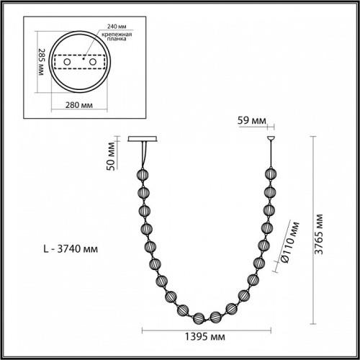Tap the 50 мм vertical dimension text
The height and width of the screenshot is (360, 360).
[111, 153]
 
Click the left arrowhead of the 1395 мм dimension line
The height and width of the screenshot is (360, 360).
[143, 332]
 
